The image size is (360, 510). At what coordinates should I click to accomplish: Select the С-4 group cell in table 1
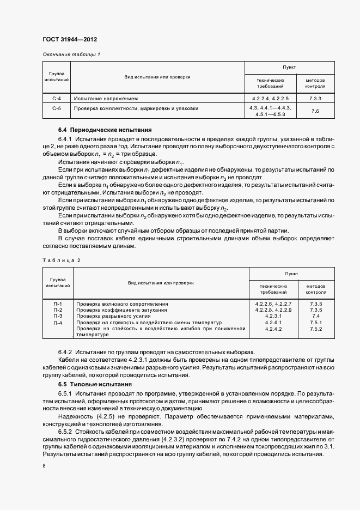point(57,99)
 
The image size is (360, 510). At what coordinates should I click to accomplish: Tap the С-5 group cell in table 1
point(57,108)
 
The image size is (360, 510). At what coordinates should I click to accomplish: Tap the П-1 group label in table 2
point(58,303)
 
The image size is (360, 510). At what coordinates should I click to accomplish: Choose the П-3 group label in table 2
point(58,316)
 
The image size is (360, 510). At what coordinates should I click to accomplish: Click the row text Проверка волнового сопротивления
point(121,303)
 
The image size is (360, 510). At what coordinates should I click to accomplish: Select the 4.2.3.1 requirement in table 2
point(273,316)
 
